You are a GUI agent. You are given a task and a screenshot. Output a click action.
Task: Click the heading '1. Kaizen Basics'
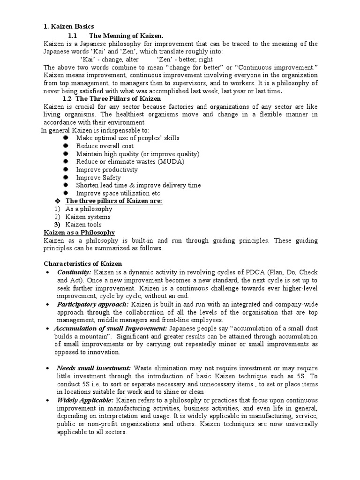pyautogui.click(x=69, y=27)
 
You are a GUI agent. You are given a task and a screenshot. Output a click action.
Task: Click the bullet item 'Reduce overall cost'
pyautogui.click(x=105, y=146)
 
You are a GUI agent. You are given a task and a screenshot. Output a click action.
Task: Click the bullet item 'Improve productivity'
pyautogui.click(x=107, y=170)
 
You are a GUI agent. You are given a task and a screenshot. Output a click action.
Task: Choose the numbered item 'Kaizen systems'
pyautogui.click(x=88, y=217)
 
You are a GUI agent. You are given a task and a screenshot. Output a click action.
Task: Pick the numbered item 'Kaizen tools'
pyautogui.click(x=83, y=225)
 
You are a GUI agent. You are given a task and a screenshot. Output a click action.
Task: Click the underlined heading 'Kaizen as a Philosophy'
pyautogui.click(x=79, y=232)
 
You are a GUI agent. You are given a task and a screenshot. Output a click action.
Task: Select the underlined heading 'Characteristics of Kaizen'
pyautogui.click(x=82, y=264)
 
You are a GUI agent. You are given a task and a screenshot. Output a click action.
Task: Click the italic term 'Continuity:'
pyautogui.click(x=74, y=272)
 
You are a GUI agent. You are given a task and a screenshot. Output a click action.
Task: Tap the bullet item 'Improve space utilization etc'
pyautogui.click(x=118, y=193)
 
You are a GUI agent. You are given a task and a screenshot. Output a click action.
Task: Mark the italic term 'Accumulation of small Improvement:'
pyautogui.click(x=110, y=328)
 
